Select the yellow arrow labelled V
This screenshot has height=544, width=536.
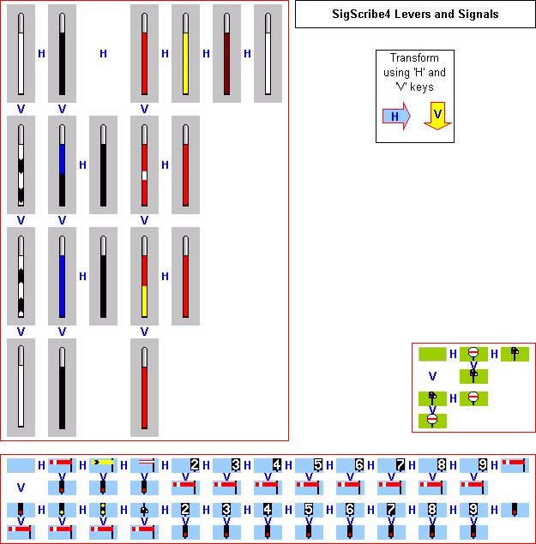[x=437, y=116]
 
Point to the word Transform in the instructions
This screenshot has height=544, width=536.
[x=414, y=59]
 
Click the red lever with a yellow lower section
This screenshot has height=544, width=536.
[x=144, y=276]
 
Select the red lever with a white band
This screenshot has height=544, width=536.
[x=144, y=164]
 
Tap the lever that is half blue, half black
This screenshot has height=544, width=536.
[x=62, y=164]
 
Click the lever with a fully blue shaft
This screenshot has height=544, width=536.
[x=62, y=276]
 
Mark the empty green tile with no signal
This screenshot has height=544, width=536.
[x=432, y=353]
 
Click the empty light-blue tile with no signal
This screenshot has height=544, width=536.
[x=21, y=465]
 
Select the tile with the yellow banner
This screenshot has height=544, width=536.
[x=103, y=465]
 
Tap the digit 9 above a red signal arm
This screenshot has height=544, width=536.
[x=483, y=465]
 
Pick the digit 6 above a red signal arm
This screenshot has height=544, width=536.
[x=359, y=465]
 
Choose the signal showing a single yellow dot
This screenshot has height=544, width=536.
[x=62, y=510]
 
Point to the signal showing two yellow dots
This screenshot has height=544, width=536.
[x=103, y=510]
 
